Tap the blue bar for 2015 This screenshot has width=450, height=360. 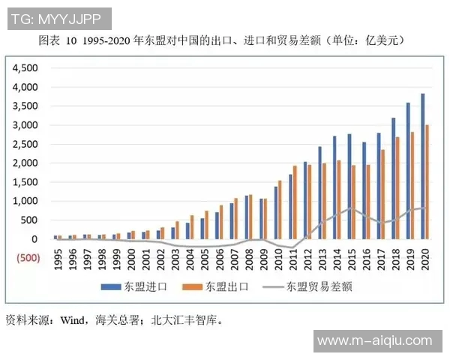[349, 187]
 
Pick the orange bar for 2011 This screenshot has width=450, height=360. [295, 202]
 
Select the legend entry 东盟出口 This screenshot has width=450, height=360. [224, 286]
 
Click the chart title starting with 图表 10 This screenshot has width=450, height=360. [225, 39]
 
